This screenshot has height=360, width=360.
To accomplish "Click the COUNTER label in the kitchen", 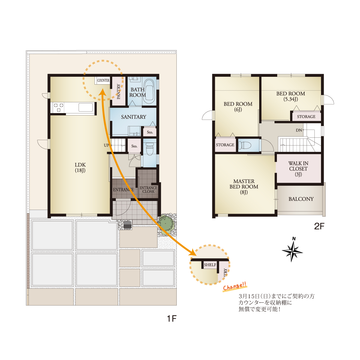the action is click(x=103, y=80).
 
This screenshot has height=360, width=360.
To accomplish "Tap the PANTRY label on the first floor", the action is click(x=118, y=91).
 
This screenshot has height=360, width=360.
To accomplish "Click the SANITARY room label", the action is click(x=133, y=117).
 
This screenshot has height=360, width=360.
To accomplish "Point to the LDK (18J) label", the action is click(x=80, y=167).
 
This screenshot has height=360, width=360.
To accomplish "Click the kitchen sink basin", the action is click(x=85, y=107).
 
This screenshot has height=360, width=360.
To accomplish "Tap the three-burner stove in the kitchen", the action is click(x=59, y=107).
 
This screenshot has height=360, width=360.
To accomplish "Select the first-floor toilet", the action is click(x=149, y=149).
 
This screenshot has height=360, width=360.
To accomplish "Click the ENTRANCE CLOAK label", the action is click(x=148, y=189).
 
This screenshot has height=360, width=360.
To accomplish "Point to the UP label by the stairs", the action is click(x=106, y=145).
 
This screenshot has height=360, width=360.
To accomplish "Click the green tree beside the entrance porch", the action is click(x=166, y=223).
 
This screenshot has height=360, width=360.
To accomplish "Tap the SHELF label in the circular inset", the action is click(x=210, y=265).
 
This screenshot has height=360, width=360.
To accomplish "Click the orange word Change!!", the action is click(x=235, y=286).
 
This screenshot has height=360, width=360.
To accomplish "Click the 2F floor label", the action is click(x=319, y=226).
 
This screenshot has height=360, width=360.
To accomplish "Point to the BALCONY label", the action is click(x=301, y=199).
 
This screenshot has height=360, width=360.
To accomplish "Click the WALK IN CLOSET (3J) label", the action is click(x=298, y=169).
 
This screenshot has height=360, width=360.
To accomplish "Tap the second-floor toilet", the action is click(x=245, y=145).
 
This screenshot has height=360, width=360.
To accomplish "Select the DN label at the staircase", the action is click(x=299, y=130).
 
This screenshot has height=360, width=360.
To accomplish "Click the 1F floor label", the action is click(x=172, y=319).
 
